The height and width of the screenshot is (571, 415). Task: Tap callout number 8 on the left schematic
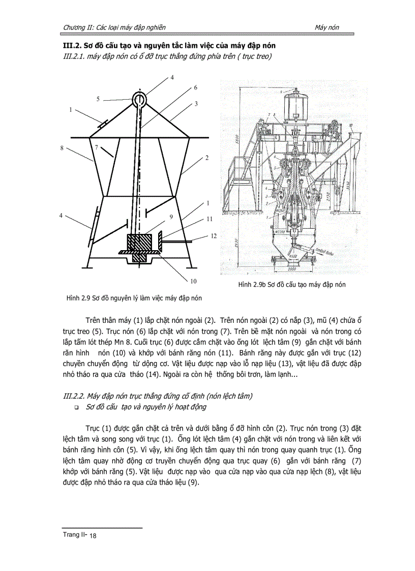[62, 147]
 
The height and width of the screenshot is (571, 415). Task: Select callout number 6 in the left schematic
[195, 87]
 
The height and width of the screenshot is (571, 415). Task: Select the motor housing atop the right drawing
[292, 107]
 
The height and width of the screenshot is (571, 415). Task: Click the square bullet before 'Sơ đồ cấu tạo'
[76, 408]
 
